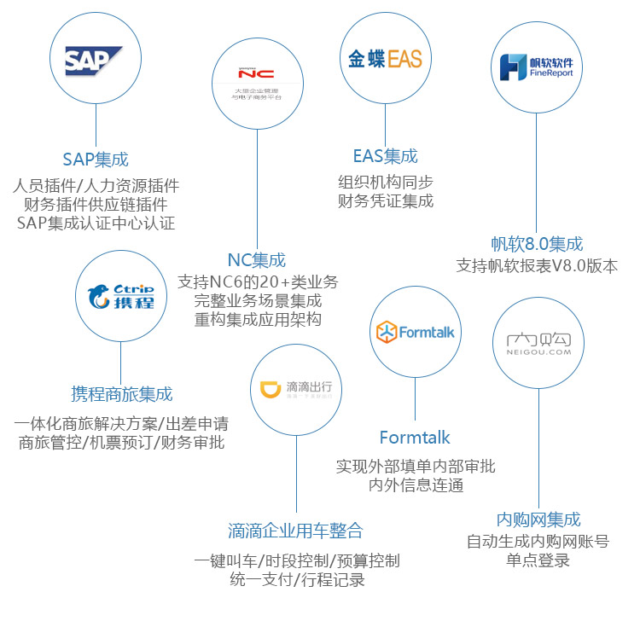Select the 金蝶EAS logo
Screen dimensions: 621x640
[x=385, y=59]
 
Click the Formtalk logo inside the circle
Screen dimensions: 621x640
[x=415, y=332]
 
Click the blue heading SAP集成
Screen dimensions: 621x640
[x=96, y=159]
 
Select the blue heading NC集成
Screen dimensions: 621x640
[x=257, y=259]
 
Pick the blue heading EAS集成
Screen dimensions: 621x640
[x=386, y=156]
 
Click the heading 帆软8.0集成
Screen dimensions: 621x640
[x=537, y=243]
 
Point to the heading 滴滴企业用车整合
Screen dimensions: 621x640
[x=295, y=530]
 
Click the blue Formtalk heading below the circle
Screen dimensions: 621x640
[x=415, y=438]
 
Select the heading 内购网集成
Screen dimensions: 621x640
[x=538, y=519]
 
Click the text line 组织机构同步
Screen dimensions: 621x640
[x=386, y=181]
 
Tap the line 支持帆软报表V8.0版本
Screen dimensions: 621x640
[x=537, y=265]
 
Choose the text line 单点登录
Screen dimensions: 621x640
[x=538, y=560]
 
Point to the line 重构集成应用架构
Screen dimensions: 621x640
[x=257, y=320]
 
